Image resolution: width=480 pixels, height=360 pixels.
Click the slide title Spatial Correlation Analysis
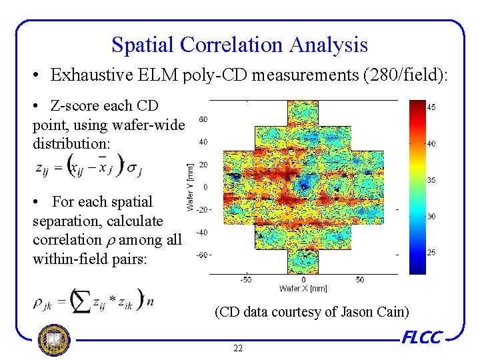(x=239, y=45)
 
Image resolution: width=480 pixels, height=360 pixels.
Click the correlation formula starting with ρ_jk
(x=93, y=301)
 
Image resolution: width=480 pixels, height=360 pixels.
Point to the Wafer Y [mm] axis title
(x=190, y=188)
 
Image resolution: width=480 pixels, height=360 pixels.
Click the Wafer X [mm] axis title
(x=303, y=288)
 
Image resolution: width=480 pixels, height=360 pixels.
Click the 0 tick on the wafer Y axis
(x=204, y=187)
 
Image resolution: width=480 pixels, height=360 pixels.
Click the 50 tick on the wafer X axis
(x=360, y=280)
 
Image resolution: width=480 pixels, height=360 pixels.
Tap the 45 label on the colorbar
(x=431, y=107)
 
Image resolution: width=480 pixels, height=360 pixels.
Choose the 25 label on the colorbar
(x=431, y=253)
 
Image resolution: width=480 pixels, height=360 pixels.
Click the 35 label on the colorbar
(x=431, y=180)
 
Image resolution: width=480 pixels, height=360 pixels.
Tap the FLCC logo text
(x=423, y=338)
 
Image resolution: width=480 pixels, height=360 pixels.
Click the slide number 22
(x=238, y=349)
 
